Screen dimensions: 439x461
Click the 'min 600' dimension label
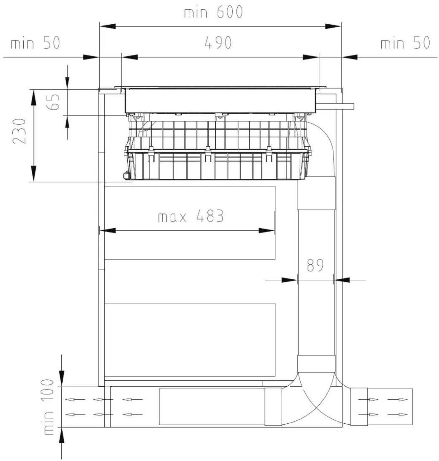pyautogui.click(x=213, y=12)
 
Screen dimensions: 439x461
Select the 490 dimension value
pyautogui.click(x=218, y=42)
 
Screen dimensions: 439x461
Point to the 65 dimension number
pyautogui.click(x=53, y=102)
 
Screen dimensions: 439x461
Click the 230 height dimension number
pyautogui.click(x=19, y=131)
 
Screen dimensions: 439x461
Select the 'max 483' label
pyautogui.click(x=191, y=216)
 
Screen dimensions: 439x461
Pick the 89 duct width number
pyautogui.click(x=315, y=265)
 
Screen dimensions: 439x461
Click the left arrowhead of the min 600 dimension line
pyautogui.click(x=108, y=26)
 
